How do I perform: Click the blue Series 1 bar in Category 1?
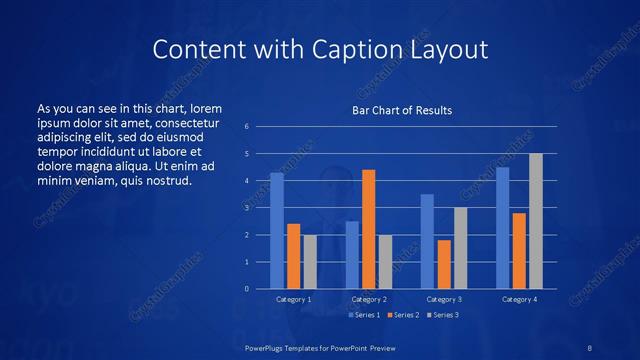point(277,231)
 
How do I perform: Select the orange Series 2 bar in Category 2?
point(368,229)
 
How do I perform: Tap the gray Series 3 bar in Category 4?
point(536,221)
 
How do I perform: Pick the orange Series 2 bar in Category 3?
point(444,264)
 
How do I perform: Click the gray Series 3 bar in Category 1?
point(309,262)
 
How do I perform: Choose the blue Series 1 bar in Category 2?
point(352,255)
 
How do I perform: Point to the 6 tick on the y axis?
point(247,127)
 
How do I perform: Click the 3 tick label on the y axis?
point(247,208)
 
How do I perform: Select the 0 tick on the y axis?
point(247,289)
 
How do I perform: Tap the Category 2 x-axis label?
point(368,299)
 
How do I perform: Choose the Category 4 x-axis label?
point(520,299)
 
